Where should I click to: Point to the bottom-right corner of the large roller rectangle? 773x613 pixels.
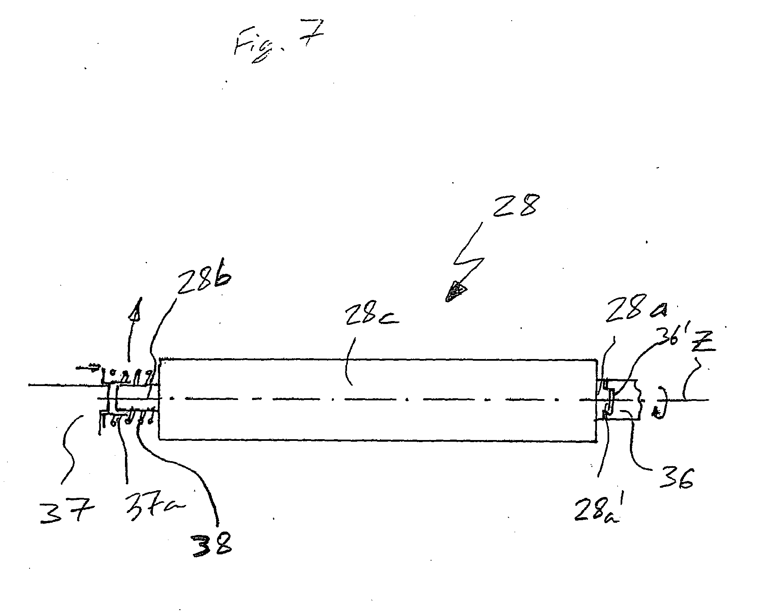point(595,441)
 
